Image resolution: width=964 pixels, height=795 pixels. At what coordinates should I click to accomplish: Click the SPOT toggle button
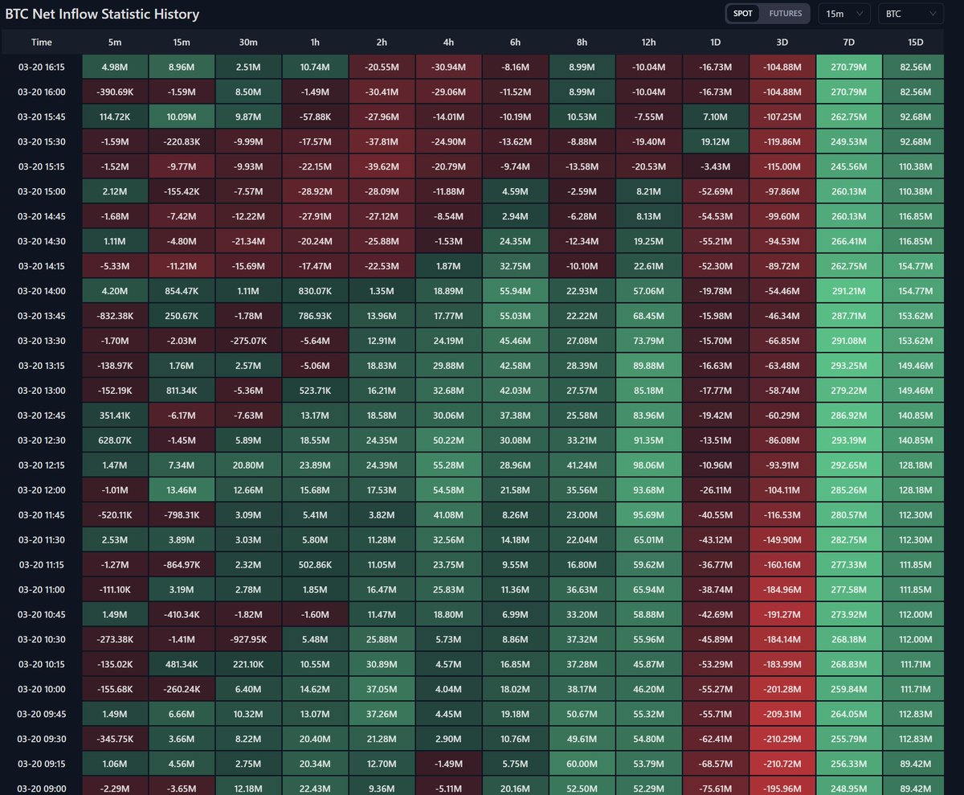click(742, 14)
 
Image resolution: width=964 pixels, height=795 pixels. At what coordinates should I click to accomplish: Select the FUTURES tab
click(785, 14)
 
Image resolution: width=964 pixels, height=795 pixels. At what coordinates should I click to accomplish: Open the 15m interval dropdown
click(843, 14)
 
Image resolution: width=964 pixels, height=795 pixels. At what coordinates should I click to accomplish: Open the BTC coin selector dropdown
click(911, 14)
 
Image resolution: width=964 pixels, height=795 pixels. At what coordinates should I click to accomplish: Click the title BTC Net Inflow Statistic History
click(102, 14)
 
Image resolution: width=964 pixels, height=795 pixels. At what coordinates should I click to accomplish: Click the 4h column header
click(448, 42)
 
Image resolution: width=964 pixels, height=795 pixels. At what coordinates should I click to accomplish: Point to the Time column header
click(42, 42)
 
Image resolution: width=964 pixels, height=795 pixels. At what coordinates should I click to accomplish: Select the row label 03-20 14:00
click(42, 291)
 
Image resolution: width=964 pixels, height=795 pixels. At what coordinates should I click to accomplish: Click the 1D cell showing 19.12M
click(716, 142)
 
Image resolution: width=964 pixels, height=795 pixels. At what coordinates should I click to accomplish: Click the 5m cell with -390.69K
click(116, 92)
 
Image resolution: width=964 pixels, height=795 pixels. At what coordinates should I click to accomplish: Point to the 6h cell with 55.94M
click(515, 291)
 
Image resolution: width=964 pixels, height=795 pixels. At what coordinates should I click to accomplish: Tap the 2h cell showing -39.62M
click(382, 167)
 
